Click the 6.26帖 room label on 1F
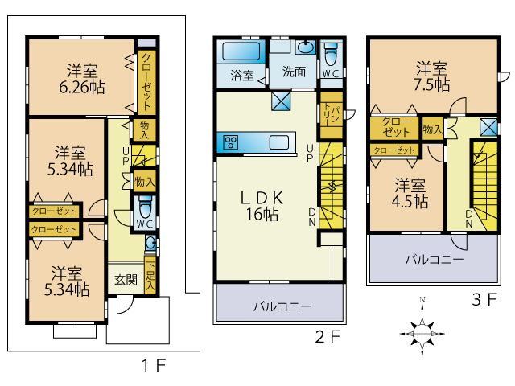click(82, 79)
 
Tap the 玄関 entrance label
click(126, 280)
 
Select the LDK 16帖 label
click(262, 206)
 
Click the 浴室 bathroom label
click(242, 75)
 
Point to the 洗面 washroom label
click(294, 72)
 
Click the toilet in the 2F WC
click(331, 55)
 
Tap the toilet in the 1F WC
click(146, 207)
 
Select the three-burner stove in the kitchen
click(231, 142)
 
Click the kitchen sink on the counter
click(279, 143)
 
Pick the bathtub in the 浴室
click(241, 51)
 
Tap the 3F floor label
click(484, 299)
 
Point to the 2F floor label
click(328, 336)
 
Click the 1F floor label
click(154, 365)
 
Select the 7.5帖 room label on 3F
click(431, 76)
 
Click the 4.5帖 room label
click(410, 194)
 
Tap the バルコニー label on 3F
click(435, 260)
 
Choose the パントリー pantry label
click(331, 115)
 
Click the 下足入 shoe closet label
click(150, 276)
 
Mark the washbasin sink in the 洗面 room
click(306, 47)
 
